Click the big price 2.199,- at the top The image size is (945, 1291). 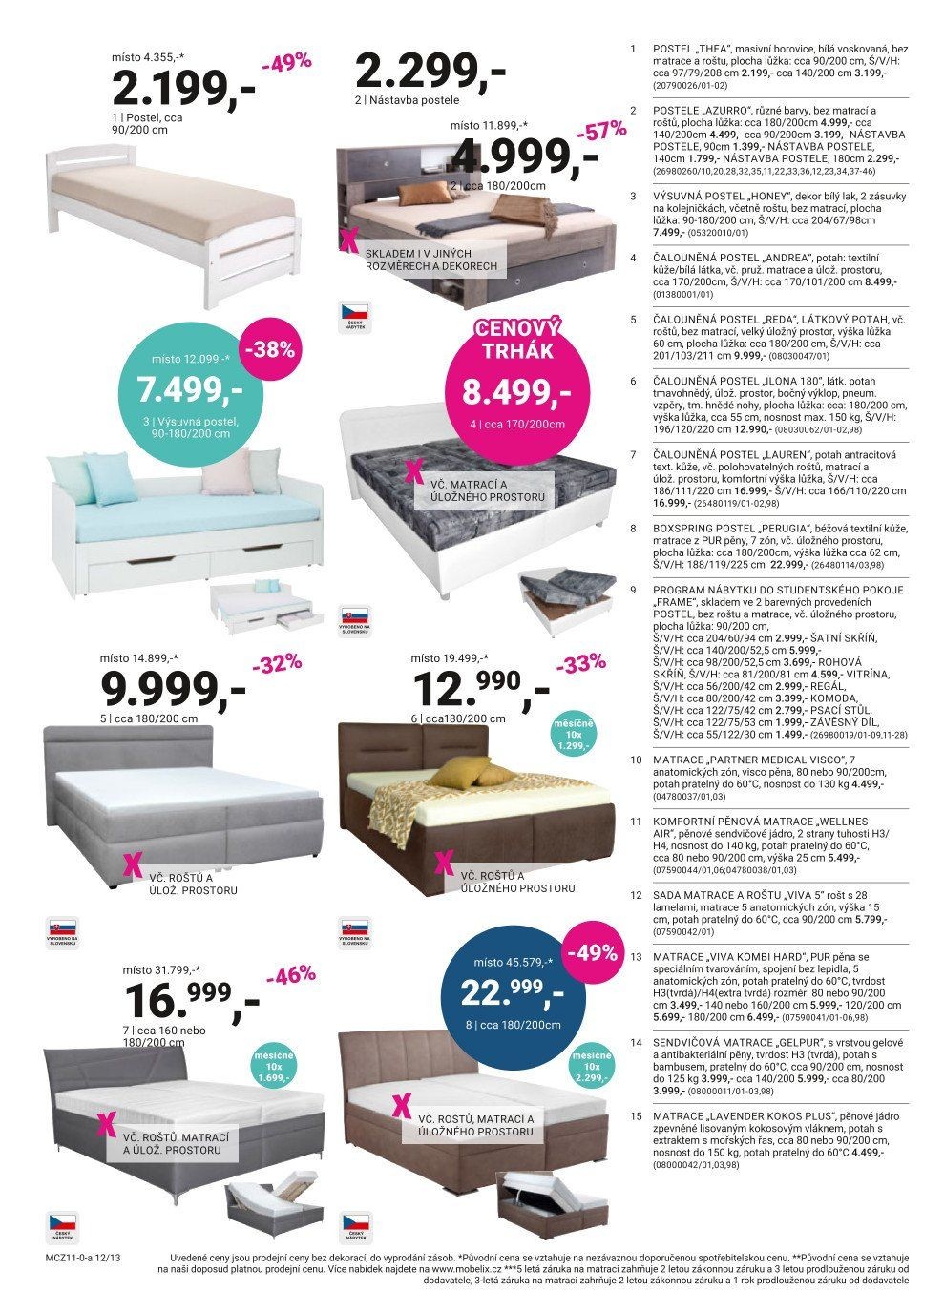(x=183, y=89)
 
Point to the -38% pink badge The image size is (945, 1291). (x=269, y=349)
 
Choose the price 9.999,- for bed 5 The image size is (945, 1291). (x=172, y=689)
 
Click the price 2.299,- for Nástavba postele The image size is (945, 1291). (x=429, y=70)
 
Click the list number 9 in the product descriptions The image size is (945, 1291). (x=634, y=590)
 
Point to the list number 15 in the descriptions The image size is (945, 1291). (x=635, y=1114)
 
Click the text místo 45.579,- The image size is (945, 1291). (x=516, y=962)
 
